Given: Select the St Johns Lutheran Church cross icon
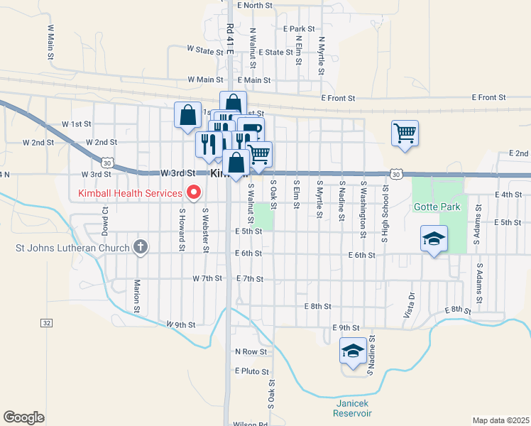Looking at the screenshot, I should point(141,247).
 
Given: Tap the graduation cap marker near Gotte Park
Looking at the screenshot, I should point(434,239).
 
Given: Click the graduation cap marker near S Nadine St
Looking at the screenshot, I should point(354,350).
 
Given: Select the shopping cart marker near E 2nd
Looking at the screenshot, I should point(405,132).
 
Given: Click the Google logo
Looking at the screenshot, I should point(23,417).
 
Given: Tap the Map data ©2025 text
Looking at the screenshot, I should point(500,420).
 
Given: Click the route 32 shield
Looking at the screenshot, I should point(47,322).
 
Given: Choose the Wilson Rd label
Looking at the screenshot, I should point(253,425).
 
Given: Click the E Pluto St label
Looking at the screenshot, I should point(252,371).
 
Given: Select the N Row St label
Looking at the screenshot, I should point(251,351).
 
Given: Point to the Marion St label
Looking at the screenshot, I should point(136,295).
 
